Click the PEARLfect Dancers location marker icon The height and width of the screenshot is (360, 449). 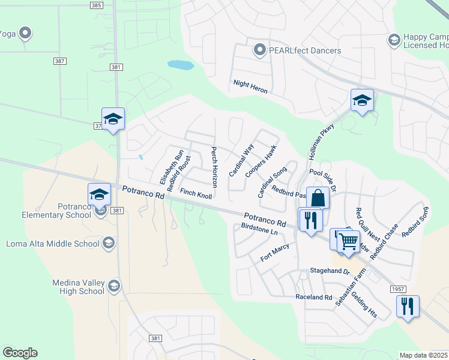tap(259, 50)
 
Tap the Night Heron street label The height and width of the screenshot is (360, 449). tap(250, 86)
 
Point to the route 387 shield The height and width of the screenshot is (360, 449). tap(59, 61)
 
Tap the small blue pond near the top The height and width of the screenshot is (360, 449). tap(180, 65)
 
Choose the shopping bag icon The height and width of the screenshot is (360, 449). tap(318, 197)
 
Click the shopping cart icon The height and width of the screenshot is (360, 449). tap(349, 241)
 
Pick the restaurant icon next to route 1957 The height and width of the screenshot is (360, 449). tap(408, 306)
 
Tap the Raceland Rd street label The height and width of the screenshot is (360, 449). tap(313, 297)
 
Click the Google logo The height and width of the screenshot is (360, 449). tap(20, 353)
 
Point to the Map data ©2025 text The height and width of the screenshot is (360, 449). tap(423, 355)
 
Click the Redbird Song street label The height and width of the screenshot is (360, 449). tap(416, 222)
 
